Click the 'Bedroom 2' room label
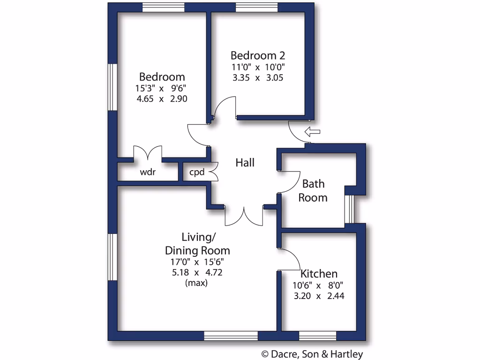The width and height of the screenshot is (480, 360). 258,55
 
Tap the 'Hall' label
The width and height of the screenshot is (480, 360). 245,163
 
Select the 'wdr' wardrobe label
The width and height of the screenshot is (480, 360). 148,172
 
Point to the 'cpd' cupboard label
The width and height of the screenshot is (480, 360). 197,172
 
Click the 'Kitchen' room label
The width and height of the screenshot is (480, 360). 319,274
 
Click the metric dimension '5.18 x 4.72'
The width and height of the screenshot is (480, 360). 197,272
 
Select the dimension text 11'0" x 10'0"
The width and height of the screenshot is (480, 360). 258,67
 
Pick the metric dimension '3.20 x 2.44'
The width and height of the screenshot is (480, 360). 319,296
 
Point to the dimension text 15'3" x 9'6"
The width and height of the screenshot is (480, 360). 162,88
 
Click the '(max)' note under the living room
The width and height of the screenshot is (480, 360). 196,283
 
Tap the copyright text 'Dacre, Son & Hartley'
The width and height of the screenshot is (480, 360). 312,354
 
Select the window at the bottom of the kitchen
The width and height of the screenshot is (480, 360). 318,336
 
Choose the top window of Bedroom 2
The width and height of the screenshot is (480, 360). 256,7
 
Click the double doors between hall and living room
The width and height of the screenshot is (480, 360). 244,216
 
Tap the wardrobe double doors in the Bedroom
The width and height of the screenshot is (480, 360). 148,153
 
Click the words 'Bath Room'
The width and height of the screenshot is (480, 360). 313,190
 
